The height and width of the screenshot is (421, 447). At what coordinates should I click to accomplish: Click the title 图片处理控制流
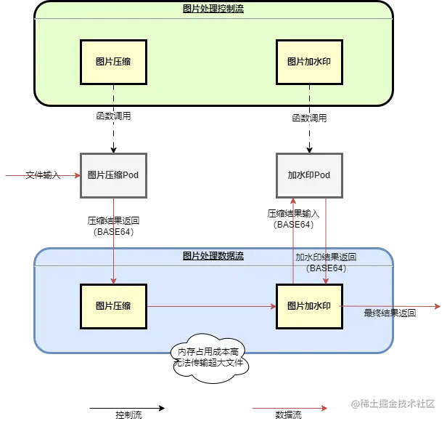click(x=213, y=8)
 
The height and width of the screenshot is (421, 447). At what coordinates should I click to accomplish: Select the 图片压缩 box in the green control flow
click(x=113, y=62)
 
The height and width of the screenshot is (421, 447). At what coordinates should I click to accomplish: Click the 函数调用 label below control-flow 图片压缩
click(x=114, y=116)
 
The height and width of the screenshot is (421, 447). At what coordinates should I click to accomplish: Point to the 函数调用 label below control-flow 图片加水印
click(x=310, y=116)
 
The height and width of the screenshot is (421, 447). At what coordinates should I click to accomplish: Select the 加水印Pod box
click(x=309, y=175)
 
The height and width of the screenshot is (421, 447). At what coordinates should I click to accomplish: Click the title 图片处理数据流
click(x=213, y=256)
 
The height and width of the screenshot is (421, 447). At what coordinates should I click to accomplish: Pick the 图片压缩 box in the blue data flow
click(x=113, y=306)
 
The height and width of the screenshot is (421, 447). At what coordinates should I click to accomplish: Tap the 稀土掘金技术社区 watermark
click(x=392, y=402)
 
